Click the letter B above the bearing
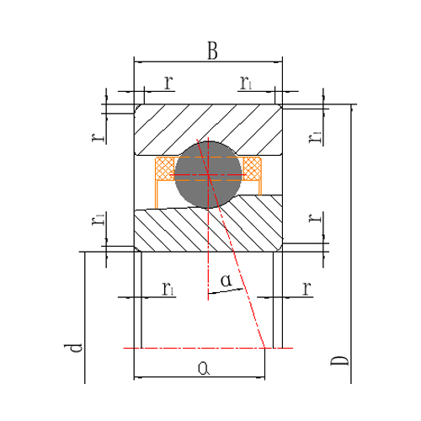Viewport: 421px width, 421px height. [212, 51]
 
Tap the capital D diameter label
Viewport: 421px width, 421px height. [339, 360]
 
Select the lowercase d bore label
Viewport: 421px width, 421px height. [73, 348]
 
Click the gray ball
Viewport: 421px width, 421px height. [208, 174]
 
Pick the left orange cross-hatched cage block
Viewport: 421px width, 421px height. [165, 168]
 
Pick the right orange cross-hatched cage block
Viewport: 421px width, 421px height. [253, 168]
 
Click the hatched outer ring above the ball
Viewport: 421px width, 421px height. [208, 124]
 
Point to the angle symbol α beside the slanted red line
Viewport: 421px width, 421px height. [226, 280]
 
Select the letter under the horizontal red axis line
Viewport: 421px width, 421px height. [204, 368]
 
